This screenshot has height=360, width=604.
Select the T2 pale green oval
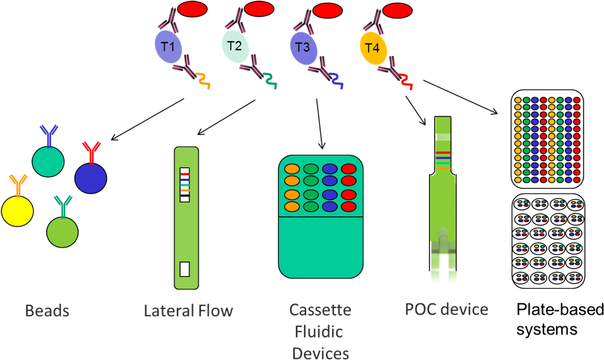click(x=235, y=46)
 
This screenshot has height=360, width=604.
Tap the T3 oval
click(x=303, y=48)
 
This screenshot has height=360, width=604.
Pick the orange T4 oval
click(x=373, y=48)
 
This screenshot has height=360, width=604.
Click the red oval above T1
click(x=192, y=10)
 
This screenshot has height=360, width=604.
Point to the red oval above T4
click(x=398, y=10)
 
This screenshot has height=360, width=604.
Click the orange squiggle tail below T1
click(x=203, y=81)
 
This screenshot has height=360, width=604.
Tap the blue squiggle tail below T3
click(x=337, y=81)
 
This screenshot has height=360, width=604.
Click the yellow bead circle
click(x=17, y=211)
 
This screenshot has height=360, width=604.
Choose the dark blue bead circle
click(x=90, y=178)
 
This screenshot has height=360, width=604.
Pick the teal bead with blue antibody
click(x=48, y=162)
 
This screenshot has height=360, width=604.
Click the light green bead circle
click(x=62, y=232)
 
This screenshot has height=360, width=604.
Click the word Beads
click(x=47, y=311)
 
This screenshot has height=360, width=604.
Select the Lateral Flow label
click(x=188, y=311)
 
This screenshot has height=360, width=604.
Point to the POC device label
click(x=447, y=310)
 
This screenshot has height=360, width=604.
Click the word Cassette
click(x=320, y=310)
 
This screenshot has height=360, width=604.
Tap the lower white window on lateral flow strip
click(x=185, y=269)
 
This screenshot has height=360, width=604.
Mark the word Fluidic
click(x=320, y=332)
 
